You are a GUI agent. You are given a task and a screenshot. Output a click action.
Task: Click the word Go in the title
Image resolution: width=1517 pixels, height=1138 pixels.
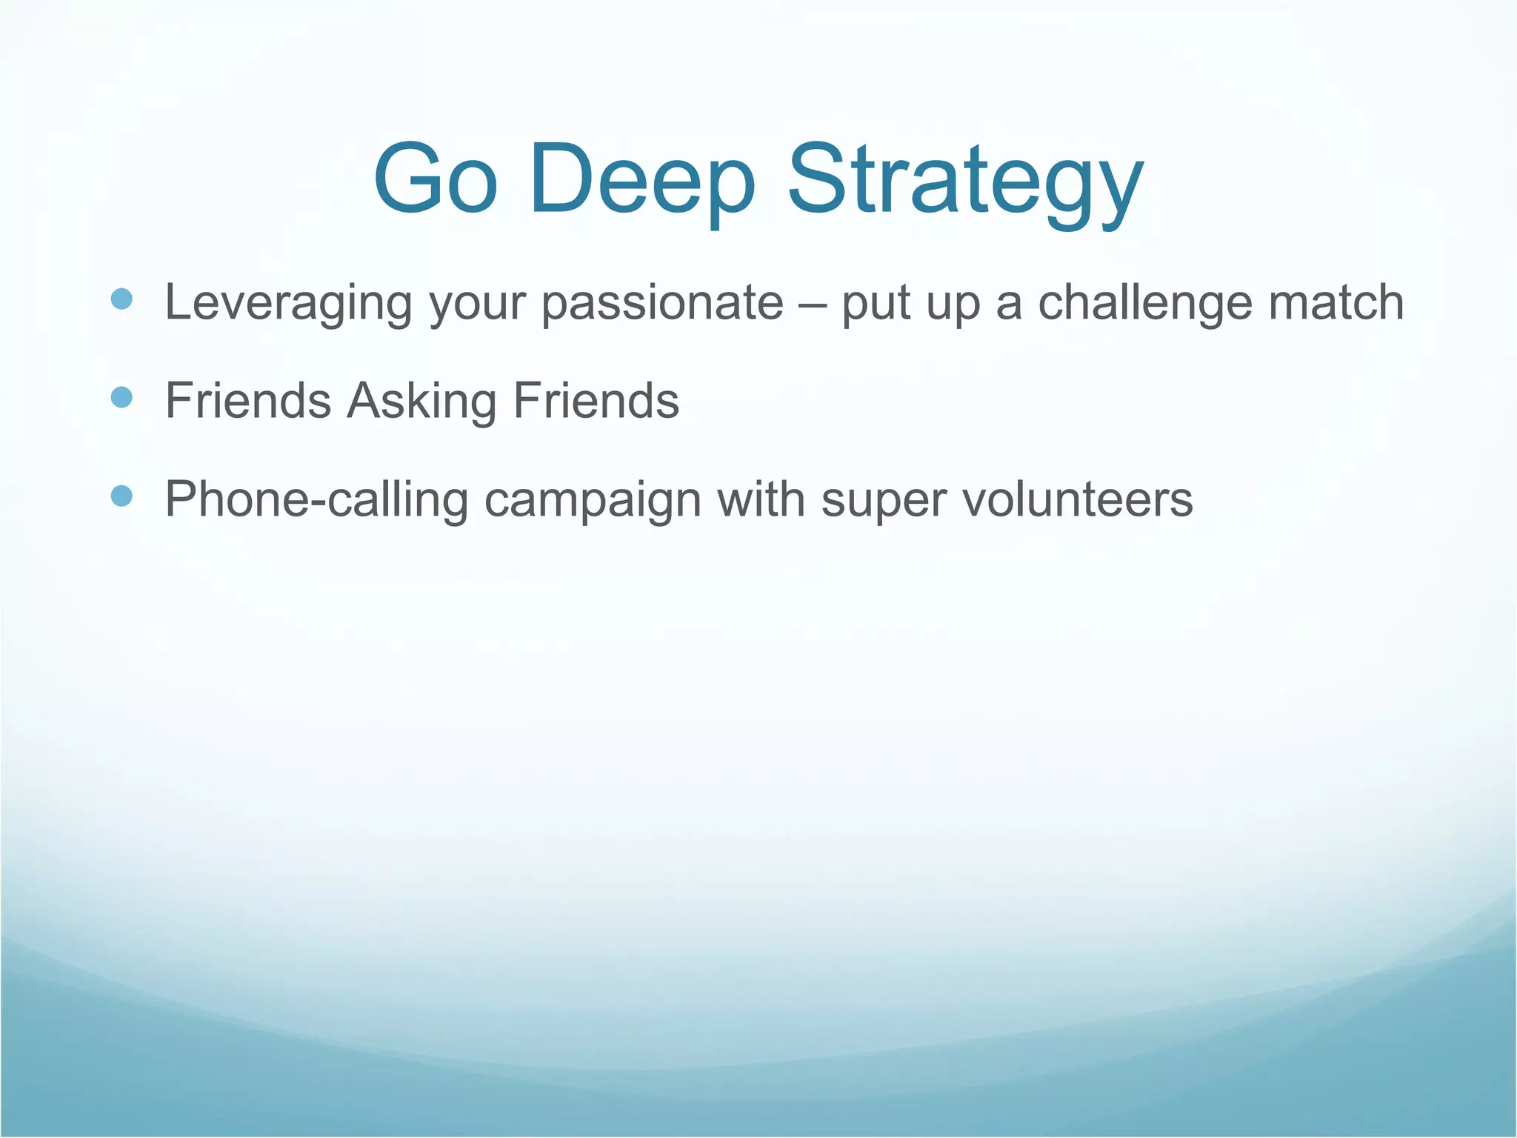435,180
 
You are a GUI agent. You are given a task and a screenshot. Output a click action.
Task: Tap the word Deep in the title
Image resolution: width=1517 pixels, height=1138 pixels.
642,180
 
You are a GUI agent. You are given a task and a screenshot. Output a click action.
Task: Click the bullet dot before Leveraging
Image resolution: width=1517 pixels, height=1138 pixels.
121,299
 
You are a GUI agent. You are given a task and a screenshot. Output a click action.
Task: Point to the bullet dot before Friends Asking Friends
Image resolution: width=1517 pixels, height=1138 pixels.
121,398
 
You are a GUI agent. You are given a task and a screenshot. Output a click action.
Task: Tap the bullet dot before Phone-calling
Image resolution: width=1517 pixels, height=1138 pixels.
121,496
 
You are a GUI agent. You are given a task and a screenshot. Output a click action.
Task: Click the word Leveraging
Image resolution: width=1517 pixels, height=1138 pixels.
288,303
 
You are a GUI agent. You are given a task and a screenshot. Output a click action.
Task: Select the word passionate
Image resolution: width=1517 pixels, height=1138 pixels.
662,303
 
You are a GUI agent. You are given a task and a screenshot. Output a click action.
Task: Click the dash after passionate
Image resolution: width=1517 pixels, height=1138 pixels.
813,305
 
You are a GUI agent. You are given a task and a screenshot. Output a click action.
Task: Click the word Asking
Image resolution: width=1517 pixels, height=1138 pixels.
421,401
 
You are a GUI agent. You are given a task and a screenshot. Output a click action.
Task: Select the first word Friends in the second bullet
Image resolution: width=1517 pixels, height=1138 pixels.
247,401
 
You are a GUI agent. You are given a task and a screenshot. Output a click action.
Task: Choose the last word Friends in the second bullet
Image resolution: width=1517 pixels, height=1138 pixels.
596,401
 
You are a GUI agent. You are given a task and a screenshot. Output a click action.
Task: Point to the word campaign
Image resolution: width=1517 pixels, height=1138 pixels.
593,500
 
